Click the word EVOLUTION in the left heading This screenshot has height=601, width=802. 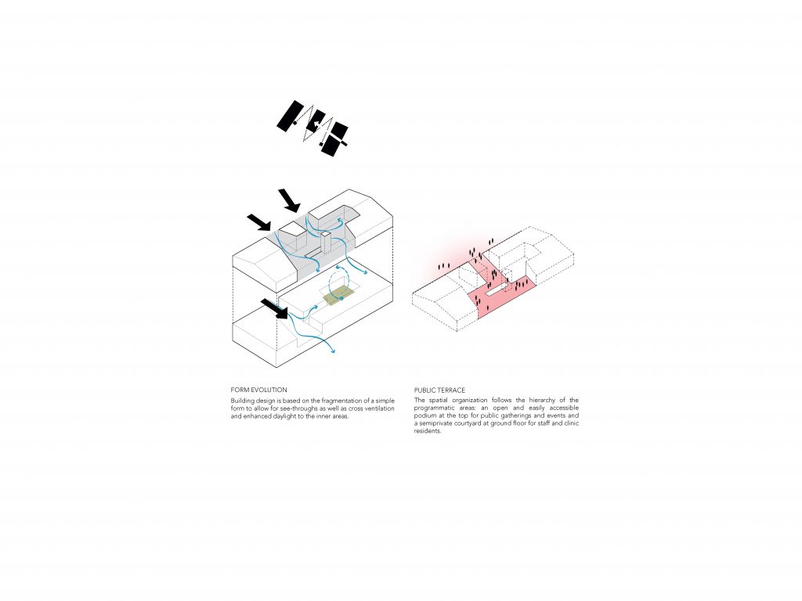click(269, 390)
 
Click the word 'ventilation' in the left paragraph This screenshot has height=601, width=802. click(379, 408)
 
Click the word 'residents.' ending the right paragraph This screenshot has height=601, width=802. click(428, 431)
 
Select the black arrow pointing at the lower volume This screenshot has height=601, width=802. click(275, 308)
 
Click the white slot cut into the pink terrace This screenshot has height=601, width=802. click(496, 291)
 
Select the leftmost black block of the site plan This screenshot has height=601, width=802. click(290, 116)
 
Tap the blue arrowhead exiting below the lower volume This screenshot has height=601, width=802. click(333, 351)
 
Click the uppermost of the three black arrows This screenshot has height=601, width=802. click(290, 200)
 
